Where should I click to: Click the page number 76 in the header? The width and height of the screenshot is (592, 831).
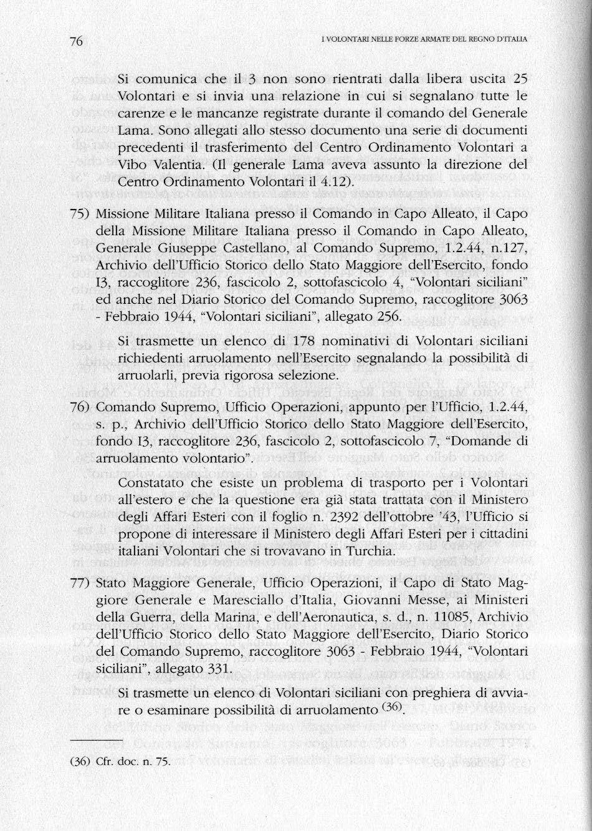coord(77,41)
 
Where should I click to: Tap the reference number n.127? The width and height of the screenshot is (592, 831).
coord(511,249)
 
